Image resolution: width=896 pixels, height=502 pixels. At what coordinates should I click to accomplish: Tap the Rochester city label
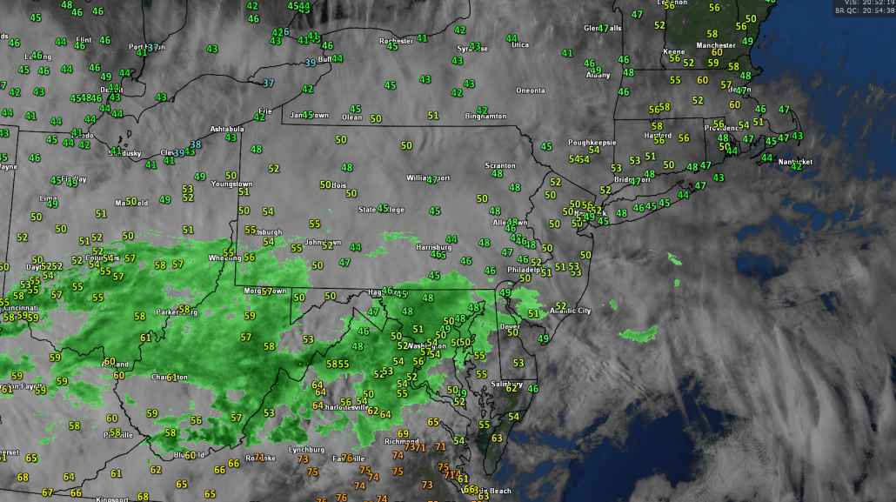[396, 41]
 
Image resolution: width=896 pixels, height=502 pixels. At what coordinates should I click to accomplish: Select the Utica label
[519, 44]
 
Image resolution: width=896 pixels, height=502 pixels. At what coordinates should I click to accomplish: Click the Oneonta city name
[530, 90]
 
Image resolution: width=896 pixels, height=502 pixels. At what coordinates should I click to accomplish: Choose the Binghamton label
[485, 116]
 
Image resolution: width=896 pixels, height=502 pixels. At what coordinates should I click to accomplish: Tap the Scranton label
[500, 165]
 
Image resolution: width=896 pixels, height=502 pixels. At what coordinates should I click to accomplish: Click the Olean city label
[351, 117]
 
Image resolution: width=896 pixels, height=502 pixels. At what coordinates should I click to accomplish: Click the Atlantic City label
[570, 311]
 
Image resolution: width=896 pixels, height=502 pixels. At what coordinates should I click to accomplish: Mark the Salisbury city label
[505, 384]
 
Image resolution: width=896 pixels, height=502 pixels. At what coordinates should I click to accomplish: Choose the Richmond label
[402, 441]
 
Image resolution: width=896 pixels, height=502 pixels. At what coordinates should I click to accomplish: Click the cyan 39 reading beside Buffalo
[311, 63]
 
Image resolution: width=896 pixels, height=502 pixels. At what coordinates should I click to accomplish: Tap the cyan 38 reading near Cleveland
[196, 144]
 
